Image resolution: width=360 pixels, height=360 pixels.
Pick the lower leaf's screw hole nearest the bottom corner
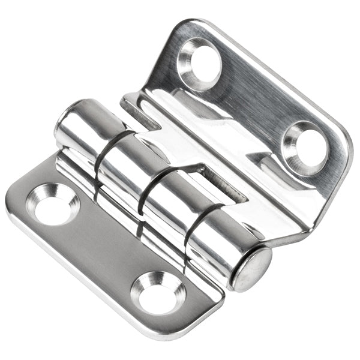pos(157,292)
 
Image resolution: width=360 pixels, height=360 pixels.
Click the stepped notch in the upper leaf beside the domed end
pos(135,108)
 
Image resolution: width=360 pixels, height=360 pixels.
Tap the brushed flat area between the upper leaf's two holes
pos(252,102)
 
